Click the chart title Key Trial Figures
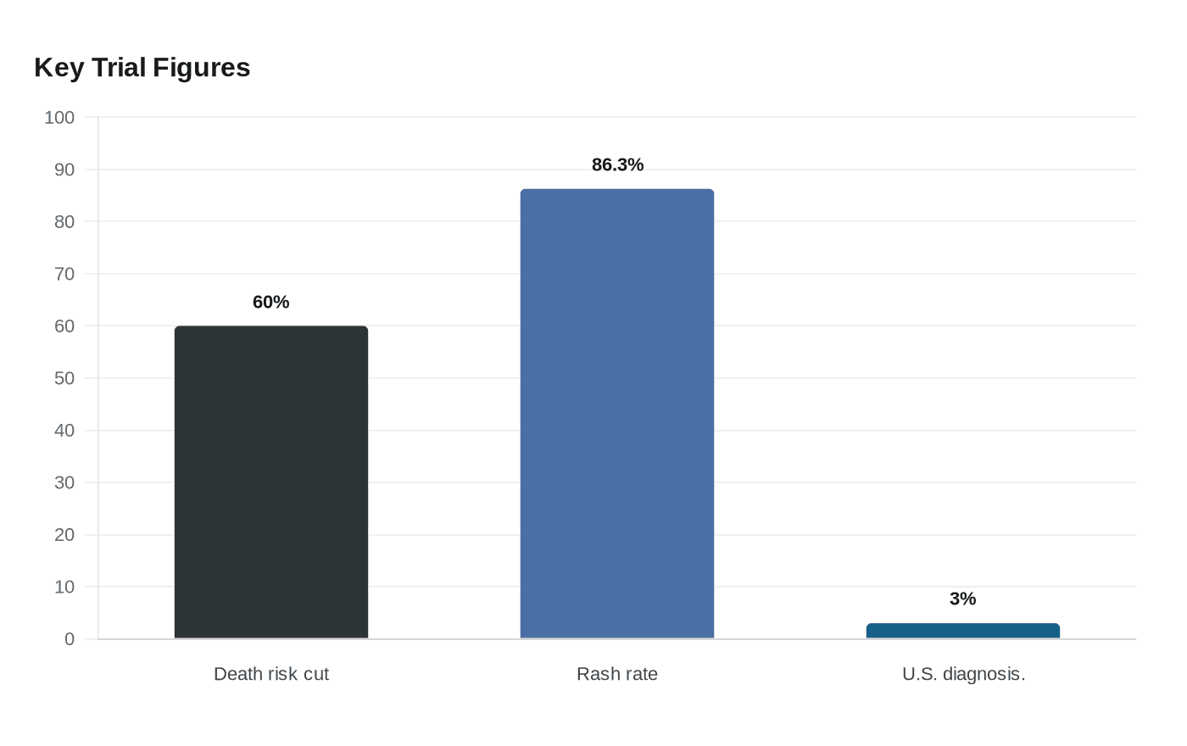pos(142,68)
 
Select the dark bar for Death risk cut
pos(271,482)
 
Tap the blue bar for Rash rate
pos(617,414)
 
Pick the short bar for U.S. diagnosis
pos(963,631)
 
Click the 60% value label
pos(270,302)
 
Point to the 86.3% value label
pos(617,164)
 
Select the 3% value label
pos(963,598)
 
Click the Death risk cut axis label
pos(271,674)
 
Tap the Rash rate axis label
pos(617,674)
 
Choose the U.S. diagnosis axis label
pos(963,674)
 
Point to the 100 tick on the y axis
pos(59,118)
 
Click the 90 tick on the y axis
pos(64,170)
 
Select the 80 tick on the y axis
pos(64,222)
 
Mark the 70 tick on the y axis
pos(64,274)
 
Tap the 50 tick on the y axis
pos(64,378)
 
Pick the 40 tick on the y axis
pos(64,431)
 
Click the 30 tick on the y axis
pos(64,482)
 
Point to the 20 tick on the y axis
pos(64,535)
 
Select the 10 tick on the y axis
pos(64,587)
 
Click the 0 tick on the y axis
pos(70,639)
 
